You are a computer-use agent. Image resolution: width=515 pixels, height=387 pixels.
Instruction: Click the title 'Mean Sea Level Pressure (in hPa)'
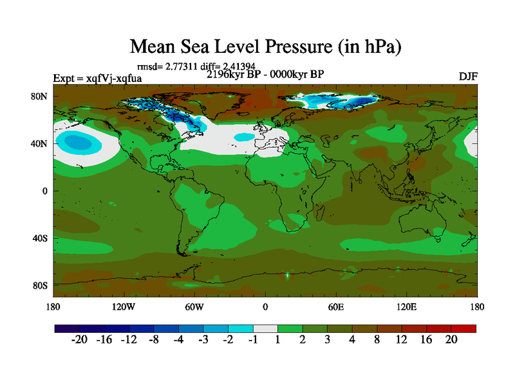(265, 46)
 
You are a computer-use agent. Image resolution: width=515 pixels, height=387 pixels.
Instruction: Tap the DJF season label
(467, 76)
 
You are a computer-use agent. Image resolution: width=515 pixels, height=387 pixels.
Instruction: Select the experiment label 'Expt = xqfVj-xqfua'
(97, 79)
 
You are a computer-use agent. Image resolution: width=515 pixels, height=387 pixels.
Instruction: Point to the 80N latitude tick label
(41, 96)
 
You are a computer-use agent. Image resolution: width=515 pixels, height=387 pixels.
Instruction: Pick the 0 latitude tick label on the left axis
(46, 191)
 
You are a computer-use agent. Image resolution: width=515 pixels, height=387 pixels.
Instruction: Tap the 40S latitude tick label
(41, 238)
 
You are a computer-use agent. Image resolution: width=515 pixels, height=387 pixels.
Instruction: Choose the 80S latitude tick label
(41, 285)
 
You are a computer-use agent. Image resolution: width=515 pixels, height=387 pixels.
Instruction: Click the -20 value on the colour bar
(79, 340)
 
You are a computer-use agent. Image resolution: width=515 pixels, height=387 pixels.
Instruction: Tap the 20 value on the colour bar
(451, 340)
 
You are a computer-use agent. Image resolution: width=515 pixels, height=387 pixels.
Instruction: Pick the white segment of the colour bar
(265, 328)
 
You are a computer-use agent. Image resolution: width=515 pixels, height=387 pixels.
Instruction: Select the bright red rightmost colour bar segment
(464, 328)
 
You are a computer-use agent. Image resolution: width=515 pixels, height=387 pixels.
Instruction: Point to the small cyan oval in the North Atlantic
(244, 137)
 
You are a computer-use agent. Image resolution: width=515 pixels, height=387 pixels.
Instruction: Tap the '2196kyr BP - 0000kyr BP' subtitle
(265, 74)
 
